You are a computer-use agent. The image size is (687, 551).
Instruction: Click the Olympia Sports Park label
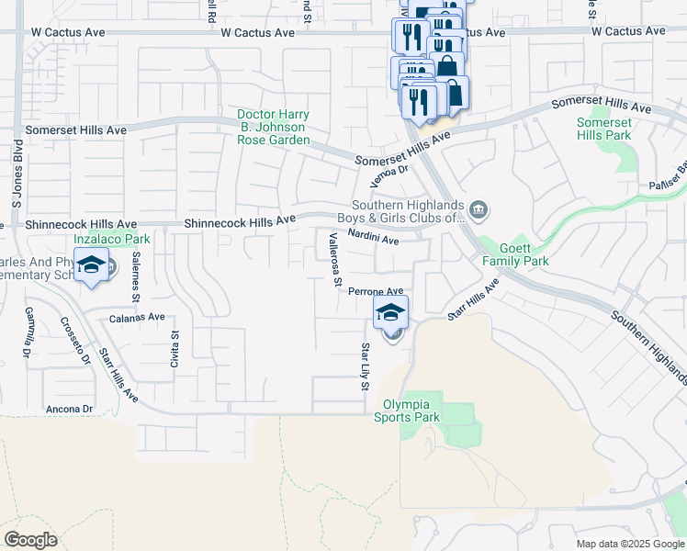(407, 410)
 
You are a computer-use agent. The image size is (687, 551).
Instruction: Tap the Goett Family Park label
(515, 254)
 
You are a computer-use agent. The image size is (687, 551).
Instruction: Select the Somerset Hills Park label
(603, 129)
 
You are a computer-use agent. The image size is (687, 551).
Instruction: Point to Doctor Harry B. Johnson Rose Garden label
(273, 128)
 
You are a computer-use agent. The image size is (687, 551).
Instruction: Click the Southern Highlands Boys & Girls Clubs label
(409, 211)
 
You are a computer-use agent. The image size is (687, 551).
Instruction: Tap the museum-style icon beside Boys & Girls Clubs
(478, 211)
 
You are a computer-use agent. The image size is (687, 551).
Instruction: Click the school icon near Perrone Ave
(390, 311)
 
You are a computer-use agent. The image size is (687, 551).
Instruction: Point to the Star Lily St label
(365, 365)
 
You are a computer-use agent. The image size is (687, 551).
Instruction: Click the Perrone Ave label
(377, 291)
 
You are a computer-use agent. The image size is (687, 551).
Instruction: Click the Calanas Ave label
(137, 317)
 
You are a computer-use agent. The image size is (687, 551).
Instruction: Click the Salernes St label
(135, 276)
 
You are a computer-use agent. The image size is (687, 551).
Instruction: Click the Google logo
(30, 539)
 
